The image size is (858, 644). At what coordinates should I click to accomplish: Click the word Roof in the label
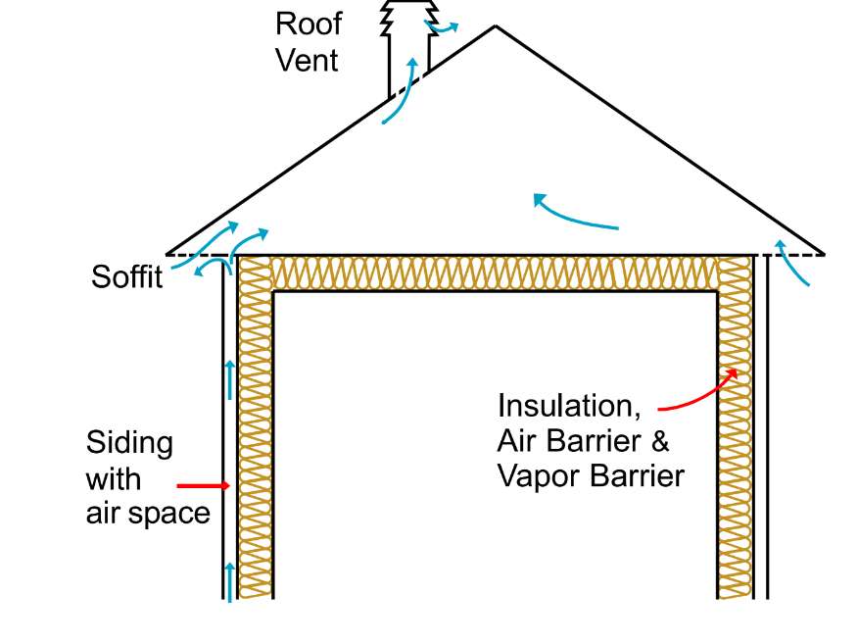click(x=308, y=23)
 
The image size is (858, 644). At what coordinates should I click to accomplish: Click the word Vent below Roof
click(x=307, y=60)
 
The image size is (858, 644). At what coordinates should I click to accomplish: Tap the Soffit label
click(x=126, y=276)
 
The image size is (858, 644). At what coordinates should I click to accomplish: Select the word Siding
click(x=129, y=443)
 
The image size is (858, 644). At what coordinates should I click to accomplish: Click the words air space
click(x=148, y=513)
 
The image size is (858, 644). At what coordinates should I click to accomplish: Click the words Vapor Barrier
click(x=590, y=475)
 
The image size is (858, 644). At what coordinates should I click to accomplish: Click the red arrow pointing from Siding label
click(x=203, y=485)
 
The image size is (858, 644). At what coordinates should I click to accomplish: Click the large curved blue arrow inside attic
click(x=573, y=213)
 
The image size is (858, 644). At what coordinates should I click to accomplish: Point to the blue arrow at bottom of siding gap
click(x=230, y=580)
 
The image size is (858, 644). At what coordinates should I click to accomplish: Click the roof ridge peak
click(x=495, y=26)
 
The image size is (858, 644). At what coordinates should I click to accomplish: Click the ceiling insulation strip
click(x=495, y=273)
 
